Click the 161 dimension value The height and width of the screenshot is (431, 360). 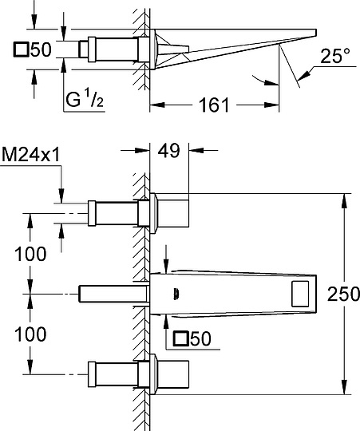point(214,105)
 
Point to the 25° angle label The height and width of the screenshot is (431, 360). point(335,56)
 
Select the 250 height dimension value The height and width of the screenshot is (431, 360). point(343,294)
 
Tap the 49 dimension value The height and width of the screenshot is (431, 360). point(169,150)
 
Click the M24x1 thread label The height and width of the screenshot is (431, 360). point(31,155)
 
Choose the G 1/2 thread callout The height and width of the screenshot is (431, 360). point(85,100)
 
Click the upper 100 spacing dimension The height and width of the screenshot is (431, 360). point(30,254)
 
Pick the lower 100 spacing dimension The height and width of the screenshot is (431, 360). point(30,334)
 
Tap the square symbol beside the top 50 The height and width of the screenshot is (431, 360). point(21,49)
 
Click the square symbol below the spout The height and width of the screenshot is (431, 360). point(180,338)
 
